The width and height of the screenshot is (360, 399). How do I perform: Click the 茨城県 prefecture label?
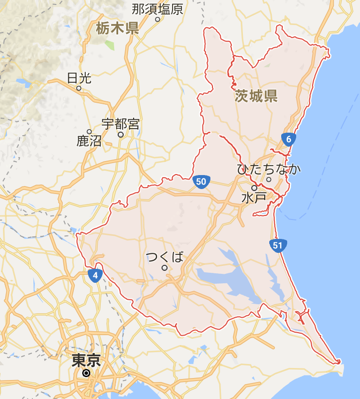click(x=256, y=96)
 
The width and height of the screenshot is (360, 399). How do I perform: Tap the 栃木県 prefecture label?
click(x=118, y=28)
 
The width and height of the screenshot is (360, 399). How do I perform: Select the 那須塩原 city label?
click(x=158, y=8)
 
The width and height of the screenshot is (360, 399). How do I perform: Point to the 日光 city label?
click(x=79, y=78)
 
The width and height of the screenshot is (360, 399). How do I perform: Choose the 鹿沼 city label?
click(x=89, y=141)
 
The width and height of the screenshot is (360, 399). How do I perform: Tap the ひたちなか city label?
click(x=269, y=169)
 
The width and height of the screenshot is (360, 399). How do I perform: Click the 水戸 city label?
click(x=253, y=198)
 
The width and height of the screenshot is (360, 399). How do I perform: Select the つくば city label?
click(x=165, y=257)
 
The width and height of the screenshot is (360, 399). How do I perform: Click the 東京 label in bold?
click(x=86, y=360)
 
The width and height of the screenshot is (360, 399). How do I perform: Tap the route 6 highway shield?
click(x=288, y=139)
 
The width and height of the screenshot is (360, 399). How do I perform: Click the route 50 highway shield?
click(x=201, y=182)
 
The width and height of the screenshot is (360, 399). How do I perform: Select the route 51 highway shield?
click(x=277, y=245)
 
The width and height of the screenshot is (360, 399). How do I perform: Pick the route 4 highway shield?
click(x=95, y=274)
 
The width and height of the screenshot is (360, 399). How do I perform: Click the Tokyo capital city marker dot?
click(x=86, y=373)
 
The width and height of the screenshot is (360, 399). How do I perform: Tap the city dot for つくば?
click(x=164, y=268)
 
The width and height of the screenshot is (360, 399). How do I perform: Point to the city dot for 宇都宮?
click(x=120, y=134)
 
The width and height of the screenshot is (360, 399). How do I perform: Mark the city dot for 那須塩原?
click(x=157, y=19)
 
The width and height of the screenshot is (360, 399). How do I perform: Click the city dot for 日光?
click(x=78, y=88)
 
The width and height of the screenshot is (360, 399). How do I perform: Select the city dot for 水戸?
click(x=254, y=188)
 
